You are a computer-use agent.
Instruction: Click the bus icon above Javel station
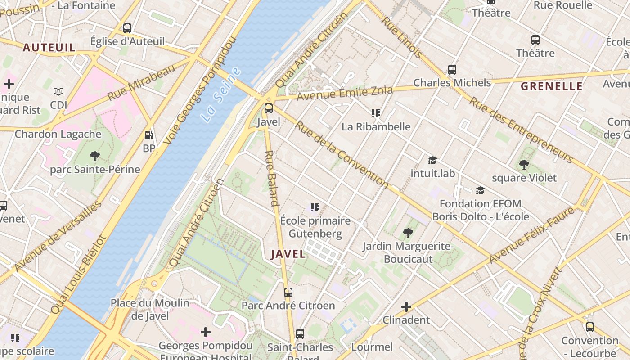(x=269, y=108)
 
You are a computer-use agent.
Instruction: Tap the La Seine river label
(x=220, y=95)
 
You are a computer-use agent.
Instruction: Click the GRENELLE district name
(x=551, y=86)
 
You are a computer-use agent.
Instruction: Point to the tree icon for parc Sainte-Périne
(x=94, y=156)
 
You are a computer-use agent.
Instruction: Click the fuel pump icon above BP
(x=148, y=135)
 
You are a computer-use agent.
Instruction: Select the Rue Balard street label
(x=272, y=178)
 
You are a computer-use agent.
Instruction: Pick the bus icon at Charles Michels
(x=452, y=70)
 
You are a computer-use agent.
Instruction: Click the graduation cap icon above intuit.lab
(x=432, y=160)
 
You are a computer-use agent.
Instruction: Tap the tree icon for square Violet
(x=524, y=165)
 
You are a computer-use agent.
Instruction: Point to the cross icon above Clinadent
(x=406, y=307)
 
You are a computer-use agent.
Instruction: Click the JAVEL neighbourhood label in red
(x=288, y=254)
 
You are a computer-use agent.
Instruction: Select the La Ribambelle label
(x=376, y=126)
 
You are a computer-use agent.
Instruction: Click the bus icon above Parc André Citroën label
(x=288, y=292)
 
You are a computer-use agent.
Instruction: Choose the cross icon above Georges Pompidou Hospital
(x=206, y=332)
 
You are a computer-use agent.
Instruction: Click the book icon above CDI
(x=58, y=92)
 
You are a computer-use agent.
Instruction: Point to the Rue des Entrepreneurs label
(x=521, y=130)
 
